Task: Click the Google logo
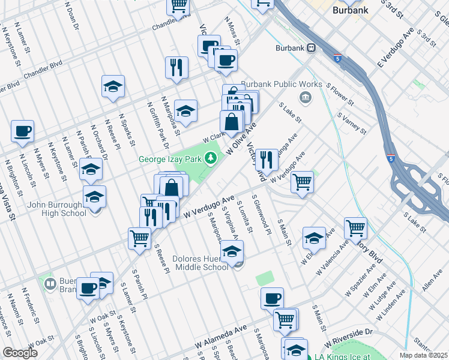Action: pos(20,353)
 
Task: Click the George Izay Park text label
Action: pos(170,160)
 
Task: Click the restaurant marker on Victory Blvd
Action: pos(267,159)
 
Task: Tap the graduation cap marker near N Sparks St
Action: pos(113,87)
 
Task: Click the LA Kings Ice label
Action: pos(352,356)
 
